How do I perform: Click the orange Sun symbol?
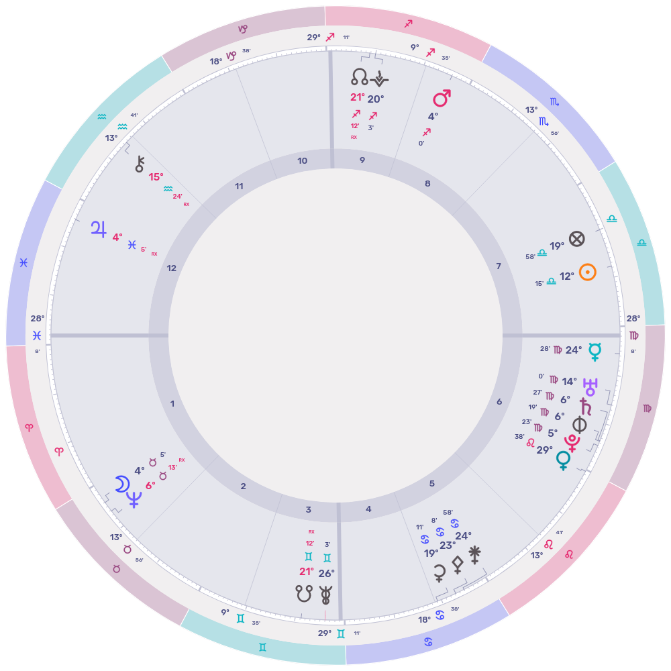pos(588,272)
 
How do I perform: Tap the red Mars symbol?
pos(441,99)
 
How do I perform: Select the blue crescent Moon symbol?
pos(121,484)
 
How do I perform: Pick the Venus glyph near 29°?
pos(563,460)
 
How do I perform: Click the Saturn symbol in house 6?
pos(586,405)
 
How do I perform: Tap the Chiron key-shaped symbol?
pos(140,163)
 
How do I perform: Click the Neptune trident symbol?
pos(135,499)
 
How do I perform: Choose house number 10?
pos(302,160)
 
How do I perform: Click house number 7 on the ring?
pos(498,266)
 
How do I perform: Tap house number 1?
pos(172,403)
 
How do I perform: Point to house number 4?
pos(368,509)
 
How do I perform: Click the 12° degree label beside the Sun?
pos(567,276)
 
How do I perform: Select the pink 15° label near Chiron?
pos(156,177)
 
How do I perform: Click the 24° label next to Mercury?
pos(574,350)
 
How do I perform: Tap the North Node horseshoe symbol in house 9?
pos(360,78)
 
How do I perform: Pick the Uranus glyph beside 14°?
pos(591,385)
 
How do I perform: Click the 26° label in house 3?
pos(326,573)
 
